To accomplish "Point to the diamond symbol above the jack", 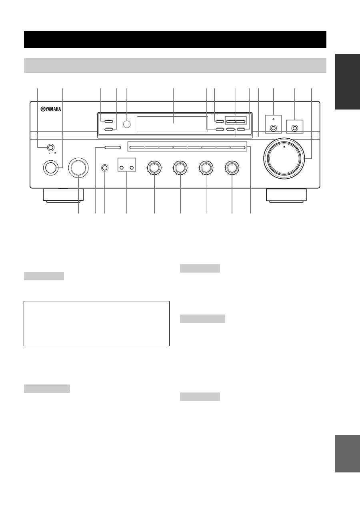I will (x=274, y=120).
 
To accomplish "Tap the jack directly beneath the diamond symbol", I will (x=274, y=128).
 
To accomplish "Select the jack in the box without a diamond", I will (x=295, y=128).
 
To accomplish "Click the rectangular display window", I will (x=172, y=124).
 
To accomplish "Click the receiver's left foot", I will (x=63, y=195).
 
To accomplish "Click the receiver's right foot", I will (x=286, y=195).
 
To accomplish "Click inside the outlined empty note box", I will (x=96, y=323).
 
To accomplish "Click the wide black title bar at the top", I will (x=175, y=39).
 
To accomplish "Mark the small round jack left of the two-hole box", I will (x=105, y=168).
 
